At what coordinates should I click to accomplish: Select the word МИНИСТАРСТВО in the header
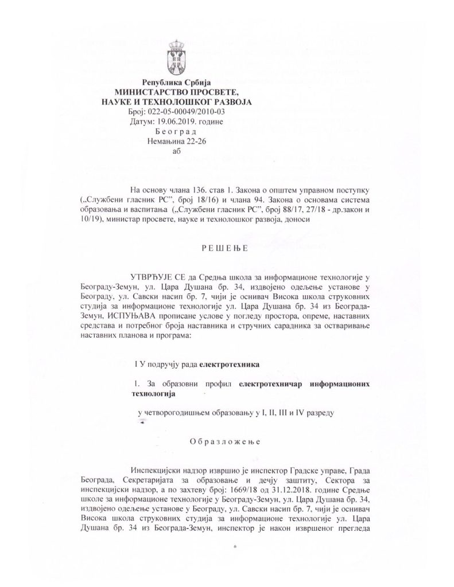tap(152, 93)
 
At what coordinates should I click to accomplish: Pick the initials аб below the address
tap(176, 151)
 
